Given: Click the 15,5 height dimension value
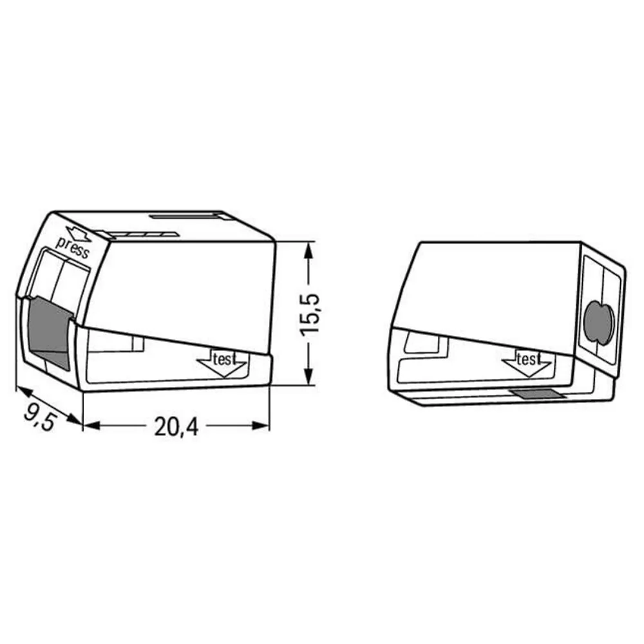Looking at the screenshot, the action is (310, 314).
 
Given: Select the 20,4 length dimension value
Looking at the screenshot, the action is (176, 426).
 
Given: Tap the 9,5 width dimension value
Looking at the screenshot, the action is (39, 417).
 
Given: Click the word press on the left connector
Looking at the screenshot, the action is (73, 248).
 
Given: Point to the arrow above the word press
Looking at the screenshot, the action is (79, 233).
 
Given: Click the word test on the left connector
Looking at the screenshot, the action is (224, 359).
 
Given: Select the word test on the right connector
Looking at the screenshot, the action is (529, 359).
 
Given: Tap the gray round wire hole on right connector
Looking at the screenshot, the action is (599, 321).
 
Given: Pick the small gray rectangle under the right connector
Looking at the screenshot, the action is (537, 394).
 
